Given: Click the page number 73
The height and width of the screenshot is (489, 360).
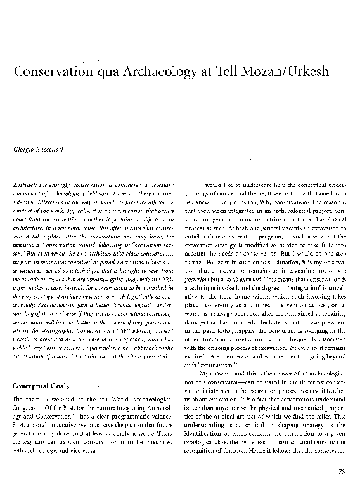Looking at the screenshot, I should pos(342,470).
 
